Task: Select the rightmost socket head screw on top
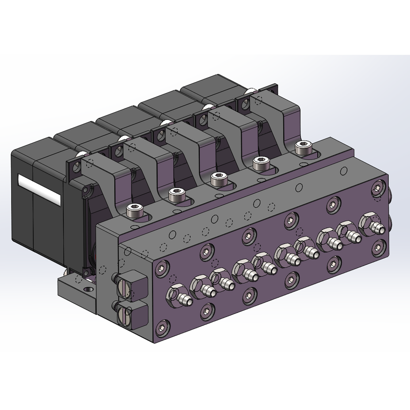[x=303, y=147]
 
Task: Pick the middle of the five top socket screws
[x=218, y=179]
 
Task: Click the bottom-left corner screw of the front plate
[x=162, y=328]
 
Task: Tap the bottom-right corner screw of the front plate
[x=377, y=247]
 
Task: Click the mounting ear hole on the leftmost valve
[x=76, y=170]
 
